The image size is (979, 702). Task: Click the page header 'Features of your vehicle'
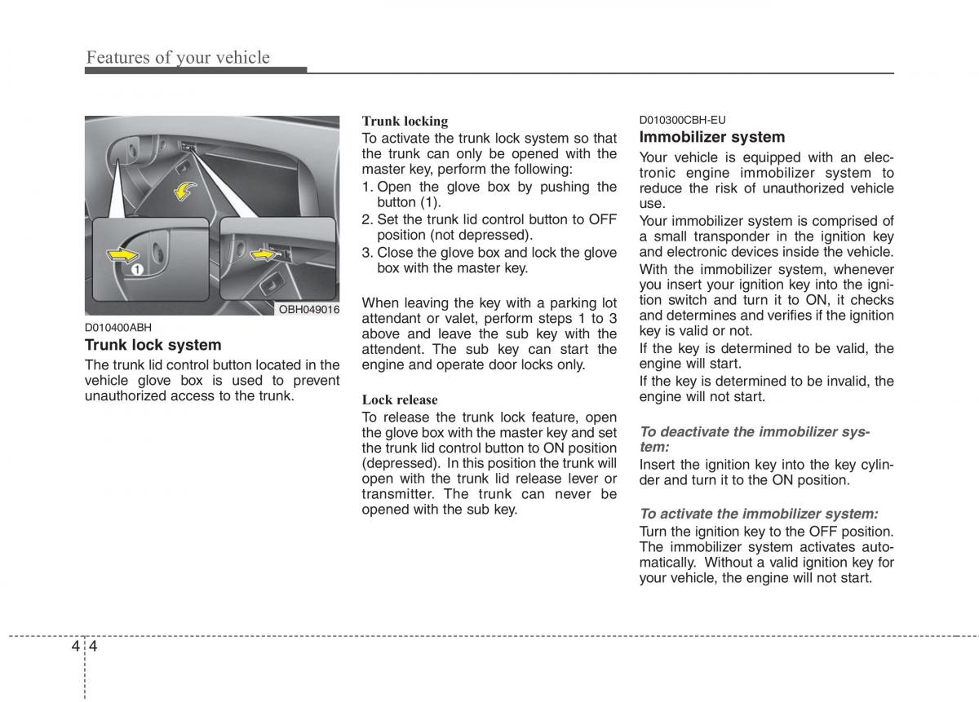point(178,57)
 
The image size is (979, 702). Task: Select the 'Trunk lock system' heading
point(153,345)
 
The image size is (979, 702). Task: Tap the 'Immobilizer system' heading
point(712,137)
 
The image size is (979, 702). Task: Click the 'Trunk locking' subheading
point(405,121)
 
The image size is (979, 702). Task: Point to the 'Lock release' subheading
point(400,400)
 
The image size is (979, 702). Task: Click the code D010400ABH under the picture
point(119,328)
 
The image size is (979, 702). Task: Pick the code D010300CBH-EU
point(682,119)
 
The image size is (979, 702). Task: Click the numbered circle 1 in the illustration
point(137,269)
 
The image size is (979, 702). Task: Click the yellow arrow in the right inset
point(263,255)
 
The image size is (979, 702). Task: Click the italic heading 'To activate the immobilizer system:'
point(759,514)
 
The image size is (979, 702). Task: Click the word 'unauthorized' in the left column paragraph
point(125,396)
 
